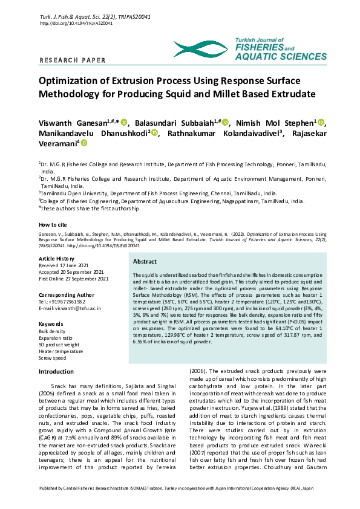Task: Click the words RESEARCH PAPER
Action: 73,60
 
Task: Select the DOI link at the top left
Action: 68,23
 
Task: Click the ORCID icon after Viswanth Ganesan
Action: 124,122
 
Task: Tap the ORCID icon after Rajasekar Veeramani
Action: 84,143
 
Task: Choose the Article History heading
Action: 58,258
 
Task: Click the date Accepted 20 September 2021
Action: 71,271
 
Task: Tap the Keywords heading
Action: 51,324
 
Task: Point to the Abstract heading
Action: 145,262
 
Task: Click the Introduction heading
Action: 56,371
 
